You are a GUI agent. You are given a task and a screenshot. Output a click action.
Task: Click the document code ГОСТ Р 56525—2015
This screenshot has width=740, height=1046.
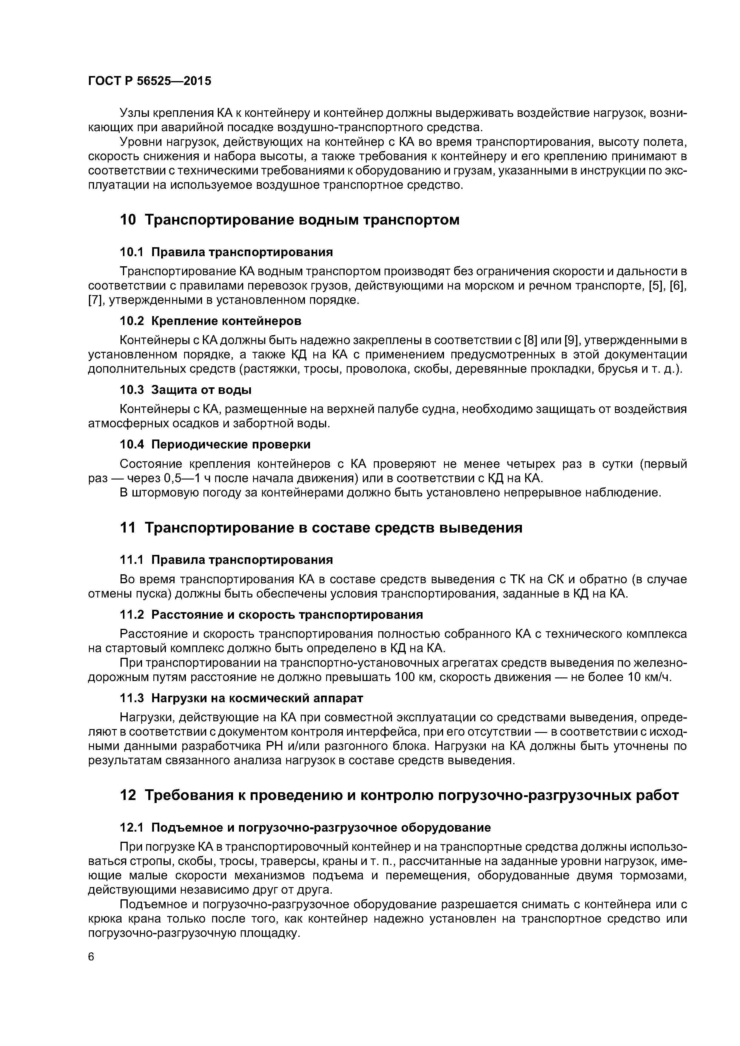[x=149, y=81]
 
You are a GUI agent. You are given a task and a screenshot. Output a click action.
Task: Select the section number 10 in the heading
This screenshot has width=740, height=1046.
[x=128, y=220]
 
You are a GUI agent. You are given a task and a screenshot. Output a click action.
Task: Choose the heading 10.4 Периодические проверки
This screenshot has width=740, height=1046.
[x=215, y=444]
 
